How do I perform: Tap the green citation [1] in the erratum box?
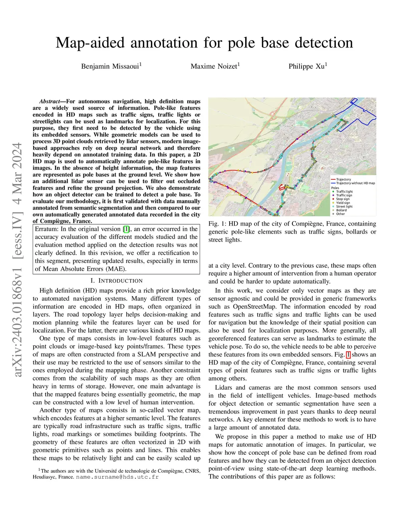click(x=127, y=229)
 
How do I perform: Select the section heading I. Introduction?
click(x=116, y=281)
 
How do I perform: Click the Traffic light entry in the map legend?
click(x=344, y=192)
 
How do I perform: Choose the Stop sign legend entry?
click(x=343, y=199)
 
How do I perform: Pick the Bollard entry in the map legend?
click(x=341, y=210)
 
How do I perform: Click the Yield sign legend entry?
click(x=343, y=203)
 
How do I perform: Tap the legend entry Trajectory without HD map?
click(x=355, y=183)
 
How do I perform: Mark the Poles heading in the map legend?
click(x=335, y=188)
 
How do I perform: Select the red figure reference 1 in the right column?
click(x=348, y=355)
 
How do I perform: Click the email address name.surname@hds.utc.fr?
click(x=117, y=477)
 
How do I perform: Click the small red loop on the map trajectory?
click(x=282, y=186)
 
